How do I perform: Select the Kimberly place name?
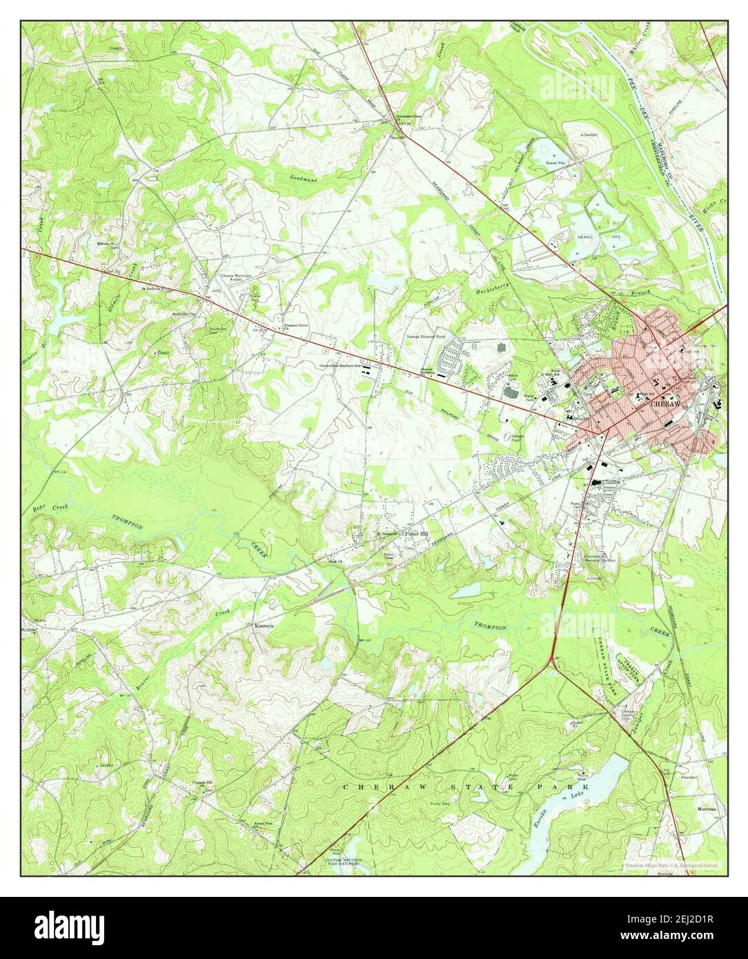coord(265,626)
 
